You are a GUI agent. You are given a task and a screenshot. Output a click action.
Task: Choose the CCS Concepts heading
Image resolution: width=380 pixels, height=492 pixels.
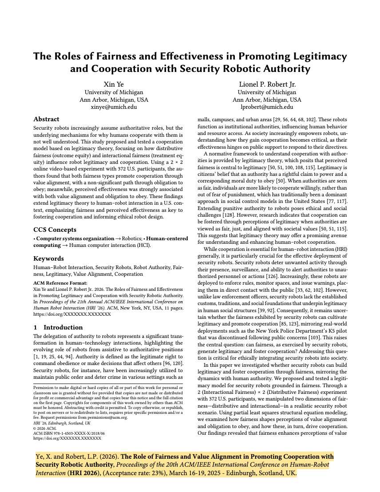click(54, 230)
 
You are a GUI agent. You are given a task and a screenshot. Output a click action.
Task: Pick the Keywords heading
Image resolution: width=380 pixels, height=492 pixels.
click(48, 258)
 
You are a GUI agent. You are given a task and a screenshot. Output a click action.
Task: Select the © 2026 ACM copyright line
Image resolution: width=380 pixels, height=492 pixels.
click(47, 428)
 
